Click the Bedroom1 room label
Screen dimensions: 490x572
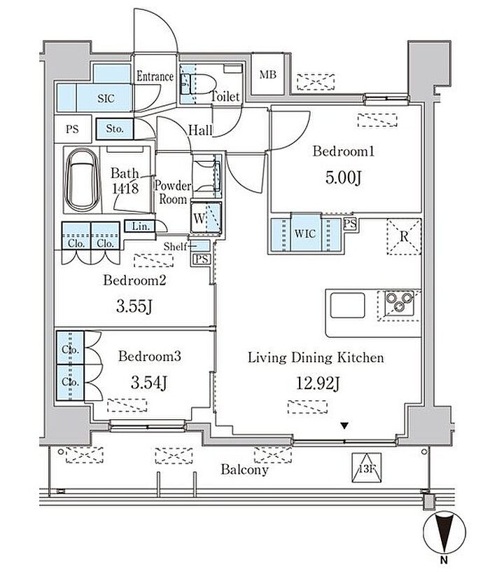pos(343,151)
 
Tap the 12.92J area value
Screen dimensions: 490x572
pos(318,383)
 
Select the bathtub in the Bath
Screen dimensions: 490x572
pos(83,180)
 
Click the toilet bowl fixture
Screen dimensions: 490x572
pos(200,84)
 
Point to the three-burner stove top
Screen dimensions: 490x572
pos(399,303)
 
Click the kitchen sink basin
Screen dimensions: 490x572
pos(348,306)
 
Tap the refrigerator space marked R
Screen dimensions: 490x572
pos(404,236)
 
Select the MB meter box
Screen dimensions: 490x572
pos(268,74)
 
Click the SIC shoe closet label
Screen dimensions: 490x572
pos(106,98)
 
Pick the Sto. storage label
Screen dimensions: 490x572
pos(115,128)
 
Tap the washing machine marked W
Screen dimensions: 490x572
pos(206,217)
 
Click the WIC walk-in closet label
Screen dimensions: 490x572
pos(305,233)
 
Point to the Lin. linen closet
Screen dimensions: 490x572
pos(140,226)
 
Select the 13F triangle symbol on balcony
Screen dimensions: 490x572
pos(367,468)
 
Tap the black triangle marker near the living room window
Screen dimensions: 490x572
pos(344,425)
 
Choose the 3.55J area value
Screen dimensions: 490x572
pos(134,306)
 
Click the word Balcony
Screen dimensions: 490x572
pos(244,470)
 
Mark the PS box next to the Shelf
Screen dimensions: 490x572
pos(201,259)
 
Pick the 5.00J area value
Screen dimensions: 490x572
pos(343,178)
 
